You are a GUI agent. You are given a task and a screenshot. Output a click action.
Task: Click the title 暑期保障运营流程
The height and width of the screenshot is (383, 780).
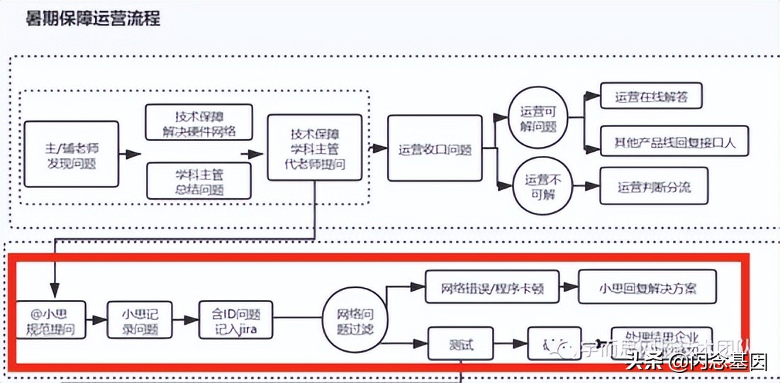tap(92, 18)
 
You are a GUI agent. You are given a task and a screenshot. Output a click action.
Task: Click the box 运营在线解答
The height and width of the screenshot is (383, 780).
tap(650, 96)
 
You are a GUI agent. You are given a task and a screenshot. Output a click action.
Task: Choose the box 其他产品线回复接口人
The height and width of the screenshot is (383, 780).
tap(669, 141)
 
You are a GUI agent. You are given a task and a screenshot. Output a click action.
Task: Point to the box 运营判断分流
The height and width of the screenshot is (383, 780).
tap(653, 187)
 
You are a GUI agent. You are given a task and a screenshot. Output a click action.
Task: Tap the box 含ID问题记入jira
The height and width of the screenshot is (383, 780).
tap(235, 320)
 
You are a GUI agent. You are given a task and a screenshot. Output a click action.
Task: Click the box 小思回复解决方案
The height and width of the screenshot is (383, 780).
tap(647, 288)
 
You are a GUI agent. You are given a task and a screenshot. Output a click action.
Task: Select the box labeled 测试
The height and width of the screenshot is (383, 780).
tap(460, 345)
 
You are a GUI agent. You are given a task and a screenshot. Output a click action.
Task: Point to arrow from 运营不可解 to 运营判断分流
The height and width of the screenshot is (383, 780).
tap(586, 187)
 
